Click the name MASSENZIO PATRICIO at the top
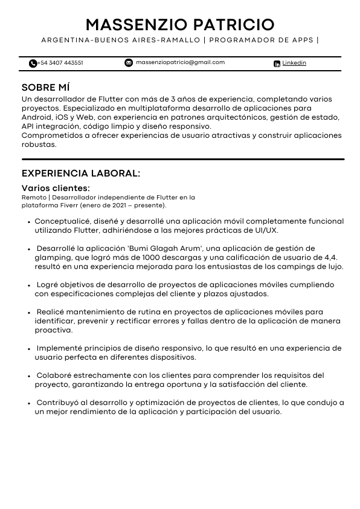click(180, 25)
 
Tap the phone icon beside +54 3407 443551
click(33, 63)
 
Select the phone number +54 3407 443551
click(60, 63)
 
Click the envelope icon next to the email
click(129, 62)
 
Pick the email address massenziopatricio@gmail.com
click(180, 62)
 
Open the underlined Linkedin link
click(294, 63)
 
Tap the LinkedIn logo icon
click(277, 63)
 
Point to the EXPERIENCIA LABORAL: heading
click(81, 173)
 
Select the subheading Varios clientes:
click(56, 188)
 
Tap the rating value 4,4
click(330, 258)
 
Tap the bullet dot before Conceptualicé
click(29, 222)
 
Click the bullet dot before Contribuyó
click(29, 403)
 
